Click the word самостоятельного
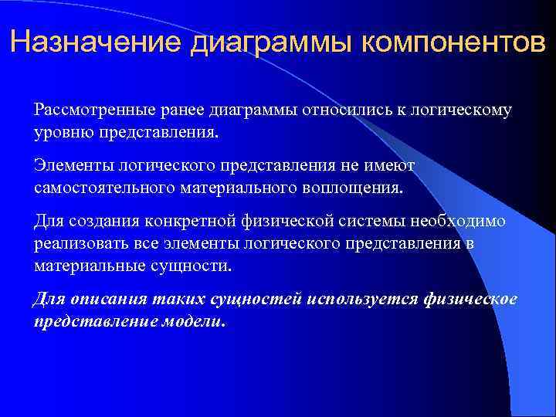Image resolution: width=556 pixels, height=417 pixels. (107, 188)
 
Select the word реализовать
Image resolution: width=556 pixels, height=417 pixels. (78, 244)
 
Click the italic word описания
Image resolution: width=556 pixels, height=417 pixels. (110, 300)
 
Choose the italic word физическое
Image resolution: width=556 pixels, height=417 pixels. (470, 300)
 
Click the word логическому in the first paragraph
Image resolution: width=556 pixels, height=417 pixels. (465, 110)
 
